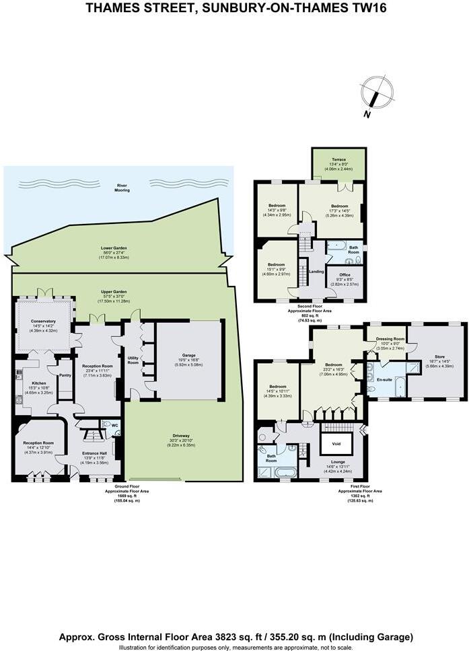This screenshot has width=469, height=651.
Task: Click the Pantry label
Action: click(x=65, y=375)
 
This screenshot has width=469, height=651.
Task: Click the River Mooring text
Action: click(x=122, y=188)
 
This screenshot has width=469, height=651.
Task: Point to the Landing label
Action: click(x=316, y=271)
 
